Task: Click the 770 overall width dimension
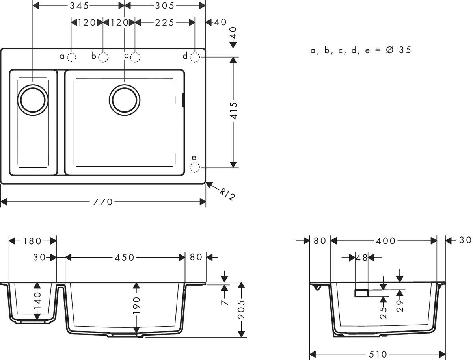pos(103,202)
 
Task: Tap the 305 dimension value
pos(164,6)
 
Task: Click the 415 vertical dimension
pos(233,111)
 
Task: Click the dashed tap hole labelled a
pos(71,58)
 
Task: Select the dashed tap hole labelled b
pos(103,58)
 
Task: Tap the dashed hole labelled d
pos(195,58)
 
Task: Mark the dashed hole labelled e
pos(195,168)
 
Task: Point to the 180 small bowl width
pos(32,241)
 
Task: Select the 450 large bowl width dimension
pos(125,258)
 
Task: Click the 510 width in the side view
pos(378,354)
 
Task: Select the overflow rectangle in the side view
pos(362,293)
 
